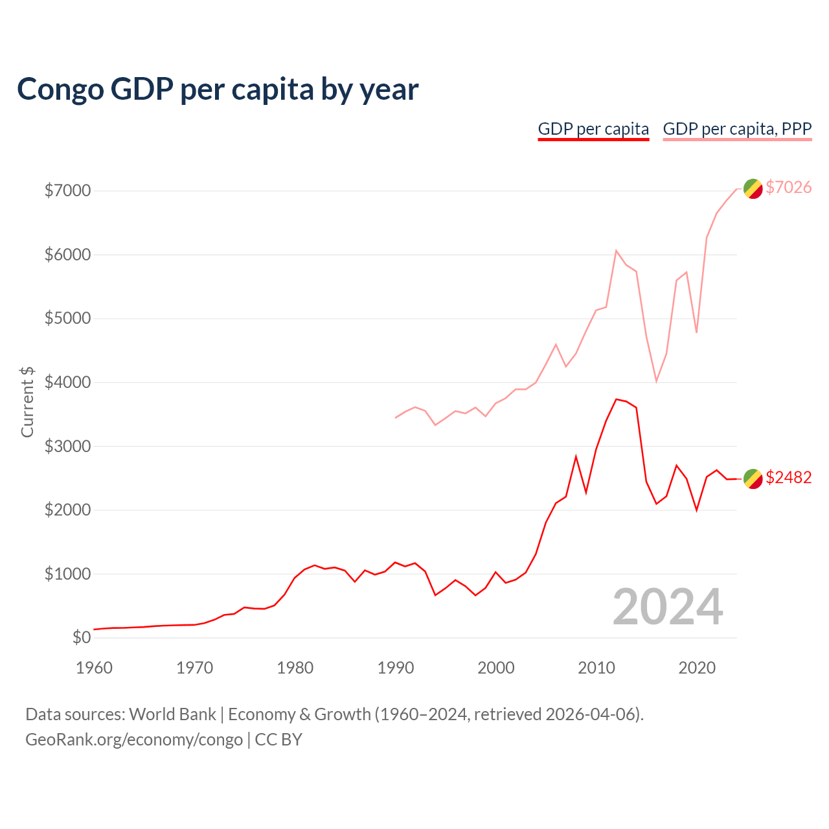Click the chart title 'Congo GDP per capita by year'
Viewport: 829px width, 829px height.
click(218, 89)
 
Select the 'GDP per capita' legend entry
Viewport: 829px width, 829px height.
click(593, 129)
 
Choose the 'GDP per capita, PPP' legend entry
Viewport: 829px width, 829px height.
click(737, 129)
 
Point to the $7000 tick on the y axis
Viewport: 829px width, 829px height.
click(67, 190)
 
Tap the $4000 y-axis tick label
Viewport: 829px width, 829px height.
click(67, 382)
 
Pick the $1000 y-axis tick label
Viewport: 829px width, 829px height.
click(67, 574)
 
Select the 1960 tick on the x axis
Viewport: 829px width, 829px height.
click(94, 668)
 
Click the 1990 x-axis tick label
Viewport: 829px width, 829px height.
click(395, 668)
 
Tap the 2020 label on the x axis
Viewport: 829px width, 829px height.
click(697, 668)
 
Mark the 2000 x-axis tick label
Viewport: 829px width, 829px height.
click(495, 668)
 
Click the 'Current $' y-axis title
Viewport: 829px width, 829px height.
click(27, 402)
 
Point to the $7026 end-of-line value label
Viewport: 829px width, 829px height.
click(788, 187)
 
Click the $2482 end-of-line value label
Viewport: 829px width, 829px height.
click(788, 477)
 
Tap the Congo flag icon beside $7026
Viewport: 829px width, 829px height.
click(753, 188)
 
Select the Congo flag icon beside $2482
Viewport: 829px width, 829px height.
click(753, 479)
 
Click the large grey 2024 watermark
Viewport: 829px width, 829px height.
click(668, 607)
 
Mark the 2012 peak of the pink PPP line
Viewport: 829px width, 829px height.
click(617, 250)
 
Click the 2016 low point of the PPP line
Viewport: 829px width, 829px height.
click(656, 381)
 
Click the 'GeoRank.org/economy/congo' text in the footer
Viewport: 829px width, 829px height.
click(134, 739)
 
